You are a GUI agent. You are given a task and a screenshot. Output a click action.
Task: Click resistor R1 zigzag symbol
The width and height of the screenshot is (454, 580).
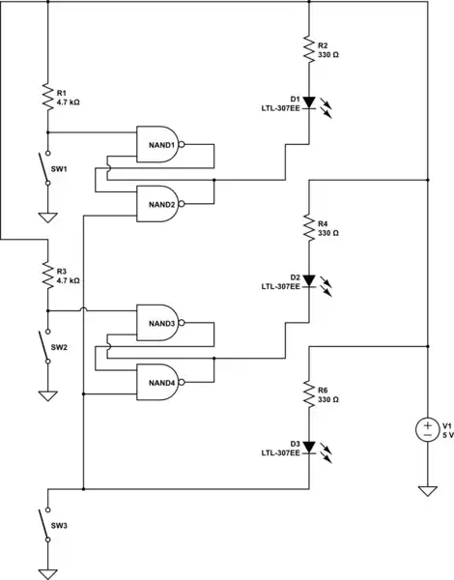[x=46, y=97]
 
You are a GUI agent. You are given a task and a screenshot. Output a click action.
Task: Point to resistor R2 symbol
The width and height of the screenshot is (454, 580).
[x=308, y=49]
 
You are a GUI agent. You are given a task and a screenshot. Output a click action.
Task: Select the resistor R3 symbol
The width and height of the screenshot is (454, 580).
[x=46, y=275]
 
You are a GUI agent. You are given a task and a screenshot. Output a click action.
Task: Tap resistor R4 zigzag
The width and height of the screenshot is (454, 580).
[x=308, y=228]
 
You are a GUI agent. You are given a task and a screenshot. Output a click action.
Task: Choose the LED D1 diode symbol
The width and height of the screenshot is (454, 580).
[x=308, y=102]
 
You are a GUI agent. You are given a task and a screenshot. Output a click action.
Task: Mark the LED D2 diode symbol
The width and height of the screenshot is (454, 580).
[x=308, y=281]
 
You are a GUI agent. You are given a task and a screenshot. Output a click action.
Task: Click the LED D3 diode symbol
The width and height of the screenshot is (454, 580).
[x=308, y=448]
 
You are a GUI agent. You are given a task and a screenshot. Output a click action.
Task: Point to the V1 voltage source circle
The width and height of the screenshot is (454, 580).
[x=426, y=429]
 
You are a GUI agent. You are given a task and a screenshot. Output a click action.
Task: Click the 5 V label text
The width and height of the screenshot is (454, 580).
[x=447, y=435]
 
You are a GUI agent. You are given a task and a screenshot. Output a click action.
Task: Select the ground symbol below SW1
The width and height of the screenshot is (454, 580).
[x=46, y=217]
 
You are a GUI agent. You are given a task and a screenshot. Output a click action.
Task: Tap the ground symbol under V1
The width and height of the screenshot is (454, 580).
[x=426, y=491]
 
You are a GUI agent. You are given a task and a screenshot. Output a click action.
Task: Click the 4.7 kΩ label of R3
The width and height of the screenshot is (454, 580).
[x=69, y=279]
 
